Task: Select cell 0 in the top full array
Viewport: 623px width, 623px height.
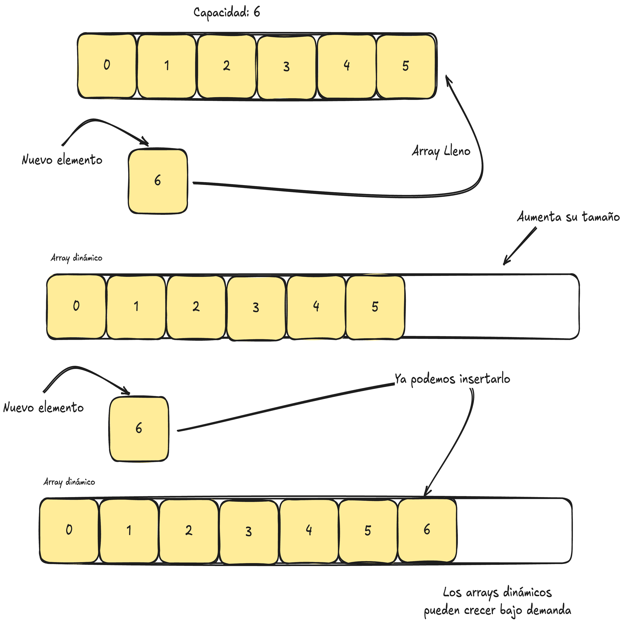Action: (x=107, y=66)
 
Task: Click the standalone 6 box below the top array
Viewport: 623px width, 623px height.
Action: (x=158, y=181)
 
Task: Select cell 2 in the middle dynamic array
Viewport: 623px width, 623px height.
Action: (x=196, y=307)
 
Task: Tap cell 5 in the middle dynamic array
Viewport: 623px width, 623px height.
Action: (x=375, y=307)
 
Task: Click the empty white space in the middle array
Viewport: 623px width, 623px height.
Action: (x=490, y=306)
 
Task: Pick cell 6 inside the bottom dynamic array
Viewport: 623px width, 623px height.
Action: (x=427, y=530)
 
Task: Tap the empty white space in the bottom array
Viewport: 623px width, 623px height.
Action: (x=513, y=531)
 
